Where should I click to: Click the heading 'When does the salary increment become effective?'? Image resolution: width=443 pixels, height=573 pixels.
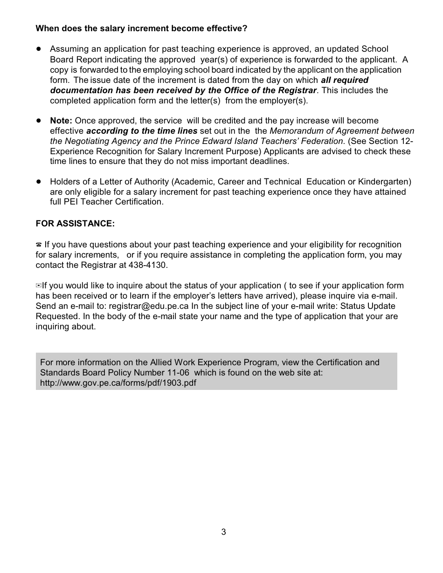coord(141,28)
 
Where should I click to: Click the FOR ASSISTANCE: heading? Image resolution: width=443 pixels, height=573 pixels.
coord(75,224)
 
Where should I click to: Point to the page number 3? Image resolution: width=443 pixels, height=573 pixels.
coord(224,532)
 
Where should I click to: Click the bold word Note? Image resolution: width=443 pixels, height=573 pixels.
coord(61,121)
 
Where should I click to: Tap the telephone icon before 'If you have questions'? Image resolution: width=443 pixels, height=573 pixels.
coord(39,245)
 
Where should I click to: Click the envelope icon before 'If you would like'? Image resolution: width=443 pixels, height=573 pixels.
coord(39,286)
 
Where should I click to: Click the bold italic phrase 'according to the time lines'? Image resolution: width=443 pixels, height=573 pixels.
coord(142,131)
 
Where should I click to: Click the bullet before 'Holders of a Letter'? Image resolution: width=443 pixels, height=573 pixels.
coord(39,181)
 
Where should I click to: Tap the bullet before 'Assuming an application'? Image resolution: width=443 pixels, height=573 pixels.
coord(39,48)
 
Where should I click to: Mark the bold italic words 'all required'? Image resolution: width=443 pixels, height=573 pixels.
coord(345,80)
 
